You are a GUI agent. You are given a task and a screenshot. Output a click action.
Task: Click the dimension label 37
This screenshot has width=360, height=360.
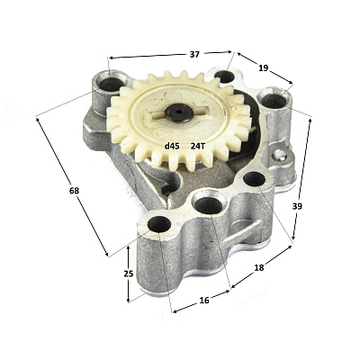(194, 55)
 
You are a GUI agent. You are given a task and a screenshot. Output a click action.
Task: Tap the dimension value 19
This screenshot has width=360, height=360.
(263, 68)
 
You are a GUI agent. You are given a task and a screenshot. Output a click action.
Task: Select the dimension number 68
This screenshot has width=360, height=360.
(74, 191)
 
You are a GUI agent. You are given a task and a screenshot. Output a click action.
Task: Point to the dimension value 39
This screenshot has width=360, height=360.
(297, 206)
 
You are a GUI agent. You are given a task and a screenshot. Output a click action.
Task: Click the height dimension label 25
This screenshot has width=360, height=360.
(129, 274)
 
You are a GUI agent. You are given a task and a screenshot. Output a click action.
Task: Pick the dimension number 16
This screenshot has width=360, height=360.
(204, 300)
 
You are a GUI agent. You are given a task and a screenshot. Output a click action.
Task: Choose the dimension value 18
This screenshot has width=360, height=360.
(259, 268)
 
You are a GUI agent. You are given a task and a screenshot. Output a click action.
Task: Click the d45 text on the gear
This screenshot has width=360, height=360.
(172, 147)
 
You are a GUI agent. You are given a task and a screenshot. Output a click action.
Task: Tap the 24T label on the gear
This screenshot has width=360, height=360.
(198, 147)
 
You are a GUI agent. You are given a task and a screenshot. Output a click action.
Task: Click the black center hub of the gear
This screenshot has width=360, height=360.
(178, 112)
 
